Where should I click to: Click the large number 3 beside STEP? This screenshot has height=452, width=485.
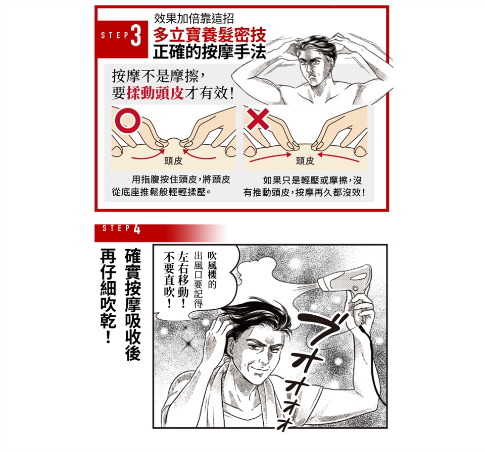tap(136, 35)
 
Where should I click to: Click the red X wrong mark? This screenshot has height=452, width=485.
tap(258, 119)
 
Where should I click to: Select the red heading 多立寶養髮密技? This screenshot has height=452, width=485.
tap(210, 35)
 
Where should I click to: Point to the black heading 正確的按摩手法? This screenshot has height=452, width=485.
tap(209, 51)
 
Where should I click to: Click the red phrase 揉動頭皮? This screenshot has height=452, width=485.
tap(155, 92)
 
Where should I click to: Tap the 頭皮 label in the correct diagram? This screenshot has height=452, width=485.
tap(173, 160)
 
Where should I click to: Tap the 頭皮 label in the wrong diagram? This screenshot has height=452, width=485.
tap(305, 160)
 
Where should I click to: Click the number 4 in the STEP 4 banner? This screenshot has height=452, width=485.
tap(137, 230)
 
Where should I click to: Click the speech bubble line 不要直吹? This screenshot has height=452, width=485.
tap(169, 279)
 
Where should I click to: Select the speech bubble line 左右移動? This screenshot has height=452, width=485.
tap(183, 279)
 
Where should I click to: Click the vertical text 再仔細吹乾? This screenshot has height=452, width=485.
tap(108, 296)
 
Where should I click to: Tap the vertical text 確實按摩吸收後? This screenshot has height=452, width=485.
tap(133, 304)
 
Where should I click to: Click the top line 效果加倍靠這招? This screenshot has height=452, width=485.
tap(194, 19)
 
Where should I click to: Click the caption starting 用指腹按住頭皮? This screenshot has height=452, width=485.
tap(171, 186)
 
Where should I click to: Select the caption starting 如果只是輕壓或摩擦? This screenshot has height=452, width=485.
tap(305, 186)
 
